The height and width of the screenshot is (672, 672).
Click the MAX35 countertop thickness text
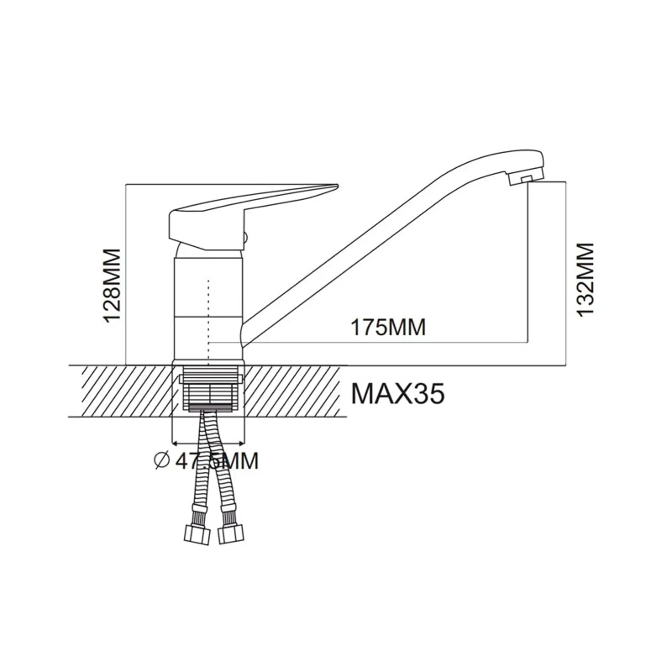pyautogui.click(x=398, y=393)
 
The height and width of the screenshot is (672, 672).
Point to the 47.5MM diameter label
pyautogui.click(x=217, y=461)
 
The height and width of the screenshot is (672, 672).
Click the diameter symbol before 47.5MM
pyautogui.click(x=161, y=461)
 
